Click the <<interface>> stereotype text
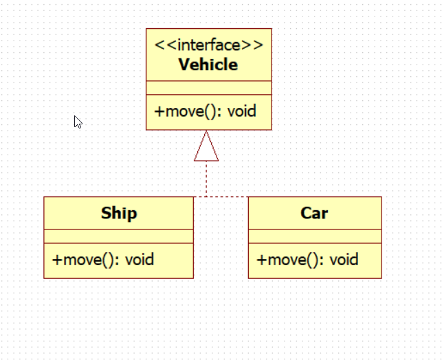click(208, 46)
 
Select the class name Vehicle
click(208, 65)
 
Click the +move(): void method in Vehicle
click(206, 111)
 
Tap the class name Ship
click(119, 213)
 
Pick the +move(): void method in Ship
click(103, 260)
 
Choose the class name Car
click(314, 213)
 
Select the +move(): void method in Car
click(307, 260)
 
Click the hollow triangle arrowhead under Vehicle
click(206, 147)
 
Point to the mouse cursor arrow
click(78, 122)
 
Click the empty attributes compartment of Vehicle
click(208, 87)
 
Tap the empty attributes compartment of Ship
click(118, 236)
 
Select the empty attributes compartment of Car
click(314, 236)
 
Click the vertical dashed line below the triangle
click(206, 179)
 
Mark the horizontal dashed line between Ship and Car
click(221, 197)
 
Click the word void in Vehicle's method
click(241, 111)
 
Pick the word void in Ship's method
click(139, 260)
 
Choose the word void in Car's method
click(344, 260)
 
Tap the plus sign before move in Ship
click(57, 260)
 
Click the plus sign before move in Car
click(261, 260)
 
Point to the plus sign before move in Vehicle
click(159, 111)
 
